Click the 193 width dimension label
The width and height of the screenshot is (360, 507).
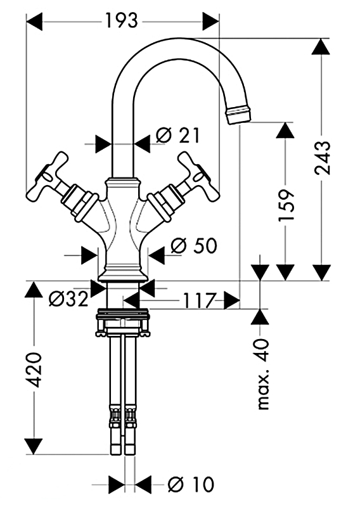pos(122,21)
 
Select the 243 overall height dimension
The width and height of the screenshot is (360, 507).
pos(323,158)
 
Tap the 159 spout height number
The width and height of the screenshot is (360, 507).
pos(286,205)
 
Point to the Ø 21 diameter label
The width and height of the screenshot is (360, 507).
pos(178,135)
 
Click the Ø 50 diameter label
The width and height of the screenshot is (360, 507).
pos(194,246)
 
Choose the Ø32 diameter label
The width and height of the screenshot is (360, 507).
pos(68,298)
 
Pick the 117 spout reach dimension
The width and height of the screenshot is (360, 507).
pos(199,300)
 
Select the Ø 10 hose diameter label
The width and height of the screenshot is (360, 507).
pos(191,484)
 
